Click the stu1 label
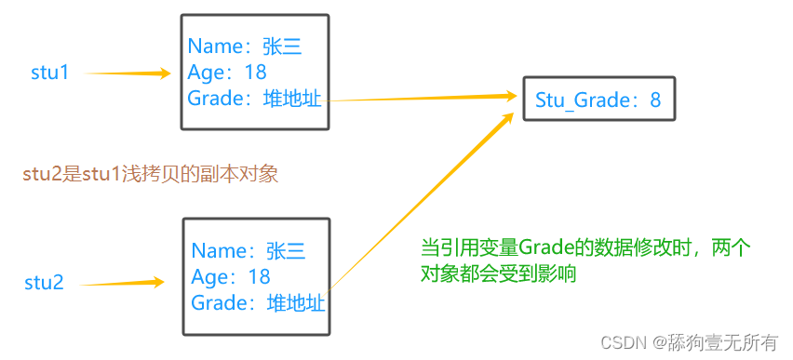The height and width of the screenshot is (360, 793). click(x=50, y=73)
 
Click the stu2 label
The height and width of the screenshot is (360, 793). click(x=44, y=283)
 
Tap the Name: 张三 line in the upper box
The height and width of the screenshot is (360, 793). click(x=245, y=47)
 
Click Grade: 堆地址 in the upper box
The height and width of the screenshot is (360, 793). click(x=254, y=99)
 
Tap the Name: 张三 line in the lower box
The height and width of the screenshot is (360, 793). click(x=249, y=251)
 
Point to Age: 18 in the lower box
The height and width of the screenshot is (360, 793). click(x=231, y=276)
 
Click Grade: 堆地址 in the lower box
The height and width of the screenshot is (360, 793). click(x=258, y=302)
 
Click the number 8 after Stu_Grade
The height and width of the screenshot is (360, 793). click(x=655, y=100)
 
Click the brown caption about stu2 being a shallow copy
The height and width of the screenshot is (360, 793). click(x=150, y=173)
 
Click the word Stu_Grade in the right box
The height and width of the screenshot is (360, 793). click(x=584, y=100)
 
